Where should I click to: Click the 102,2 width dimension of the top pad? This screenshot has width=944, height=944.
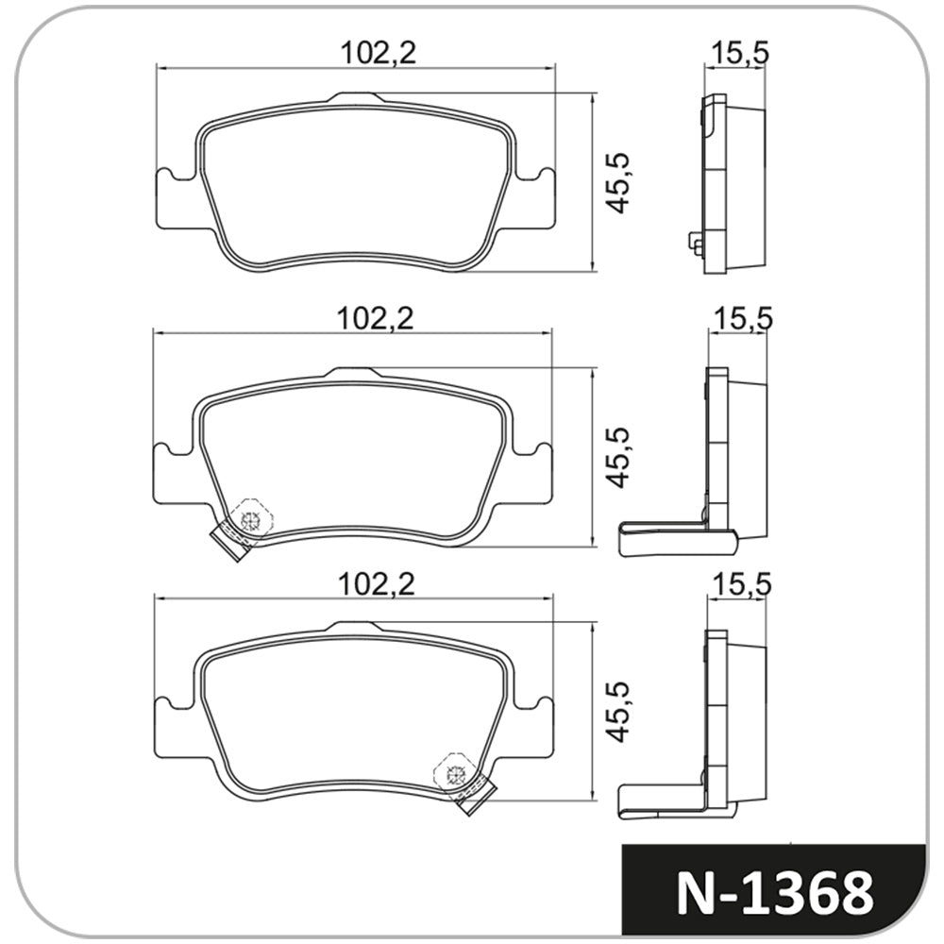(x=379, y=54)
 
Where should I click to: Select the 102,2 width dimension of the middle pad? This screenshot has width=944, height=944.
(x=376, y=319)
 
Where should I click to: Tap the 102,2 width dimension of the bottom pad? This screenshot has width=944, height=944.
(x=377, y=584)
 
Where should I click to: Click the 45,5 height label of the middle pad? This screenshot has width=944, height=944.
(x=617, y=458)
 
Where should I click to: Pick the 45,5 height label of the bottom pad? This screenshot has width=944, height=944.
(x=617, y=712)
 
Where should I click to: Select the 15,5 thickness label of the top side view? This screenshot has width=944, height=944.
(x=740, y=54)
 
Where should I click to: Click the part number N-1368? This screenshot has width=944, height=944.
(x=775, y=892)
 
